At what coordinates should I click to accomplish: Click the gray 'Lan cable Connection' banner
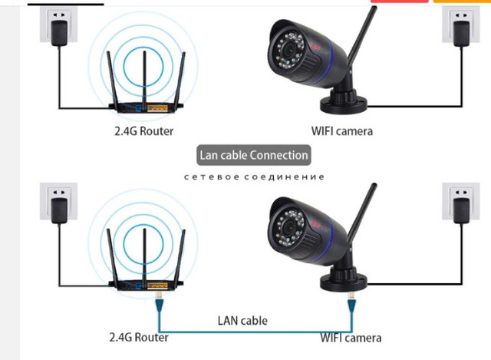(253, 155)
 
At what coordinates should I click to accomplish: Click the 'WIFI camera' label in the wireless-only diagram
(342, 131)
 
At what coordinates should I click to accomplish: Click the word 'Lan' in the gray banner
(209, 155)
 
